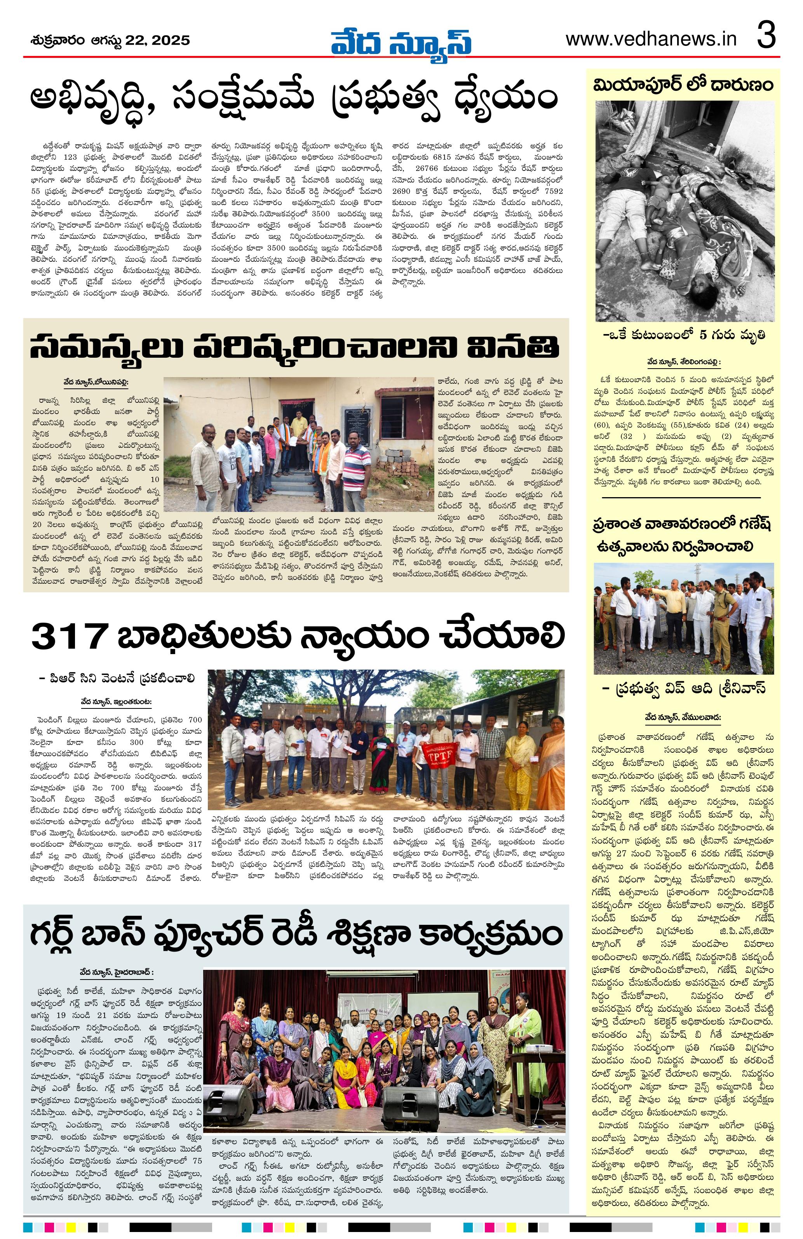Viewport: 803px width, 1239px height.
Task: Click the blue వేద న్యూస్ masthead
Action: (401, 41)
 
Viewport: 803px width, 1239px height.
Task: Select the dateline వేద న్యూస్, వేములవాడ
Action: (683, 717)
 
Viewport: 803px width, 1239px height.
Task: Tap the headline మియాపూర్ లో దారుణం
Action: (683, 85)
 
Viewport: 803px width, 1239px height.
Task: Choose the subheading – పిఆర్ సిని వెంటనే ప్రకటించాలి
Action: (117, 678)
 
